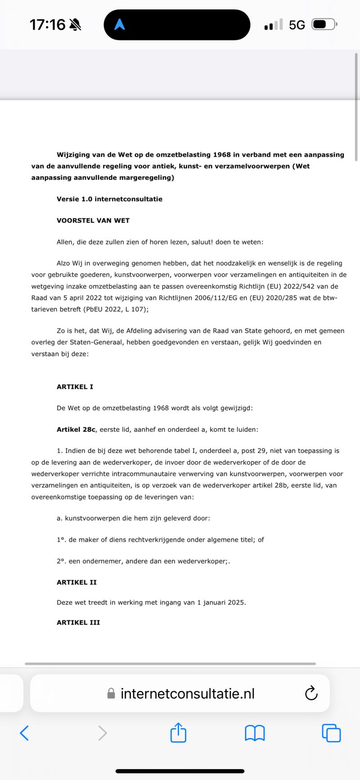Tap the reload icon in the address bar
point(311,693)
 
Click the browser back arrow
point(25,733)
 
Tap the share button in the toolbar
point(179,733)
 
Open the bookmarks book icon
point(255,733)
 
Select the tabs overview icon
point(332,733)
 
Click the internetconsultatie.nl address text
point(187,694)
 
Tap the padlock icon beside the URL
point(111,694)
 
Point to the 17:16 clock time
point(47,25)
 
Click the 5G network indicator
point(297,25)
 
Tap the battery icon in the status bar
point(324,24)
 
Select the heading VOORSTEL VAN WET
point(93,220)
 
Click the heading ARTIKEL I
point(75,386)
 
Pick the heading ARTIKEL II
point(76,582)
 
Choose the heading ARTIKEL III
point(78,623)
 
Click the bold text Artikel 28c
point(76,430)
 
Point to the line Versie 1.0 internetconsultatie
point(109,199)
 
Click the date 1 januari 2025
point(220,602)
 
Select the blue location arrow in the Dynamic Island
point(119,25)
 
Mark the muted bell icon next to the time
point(75,25)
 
